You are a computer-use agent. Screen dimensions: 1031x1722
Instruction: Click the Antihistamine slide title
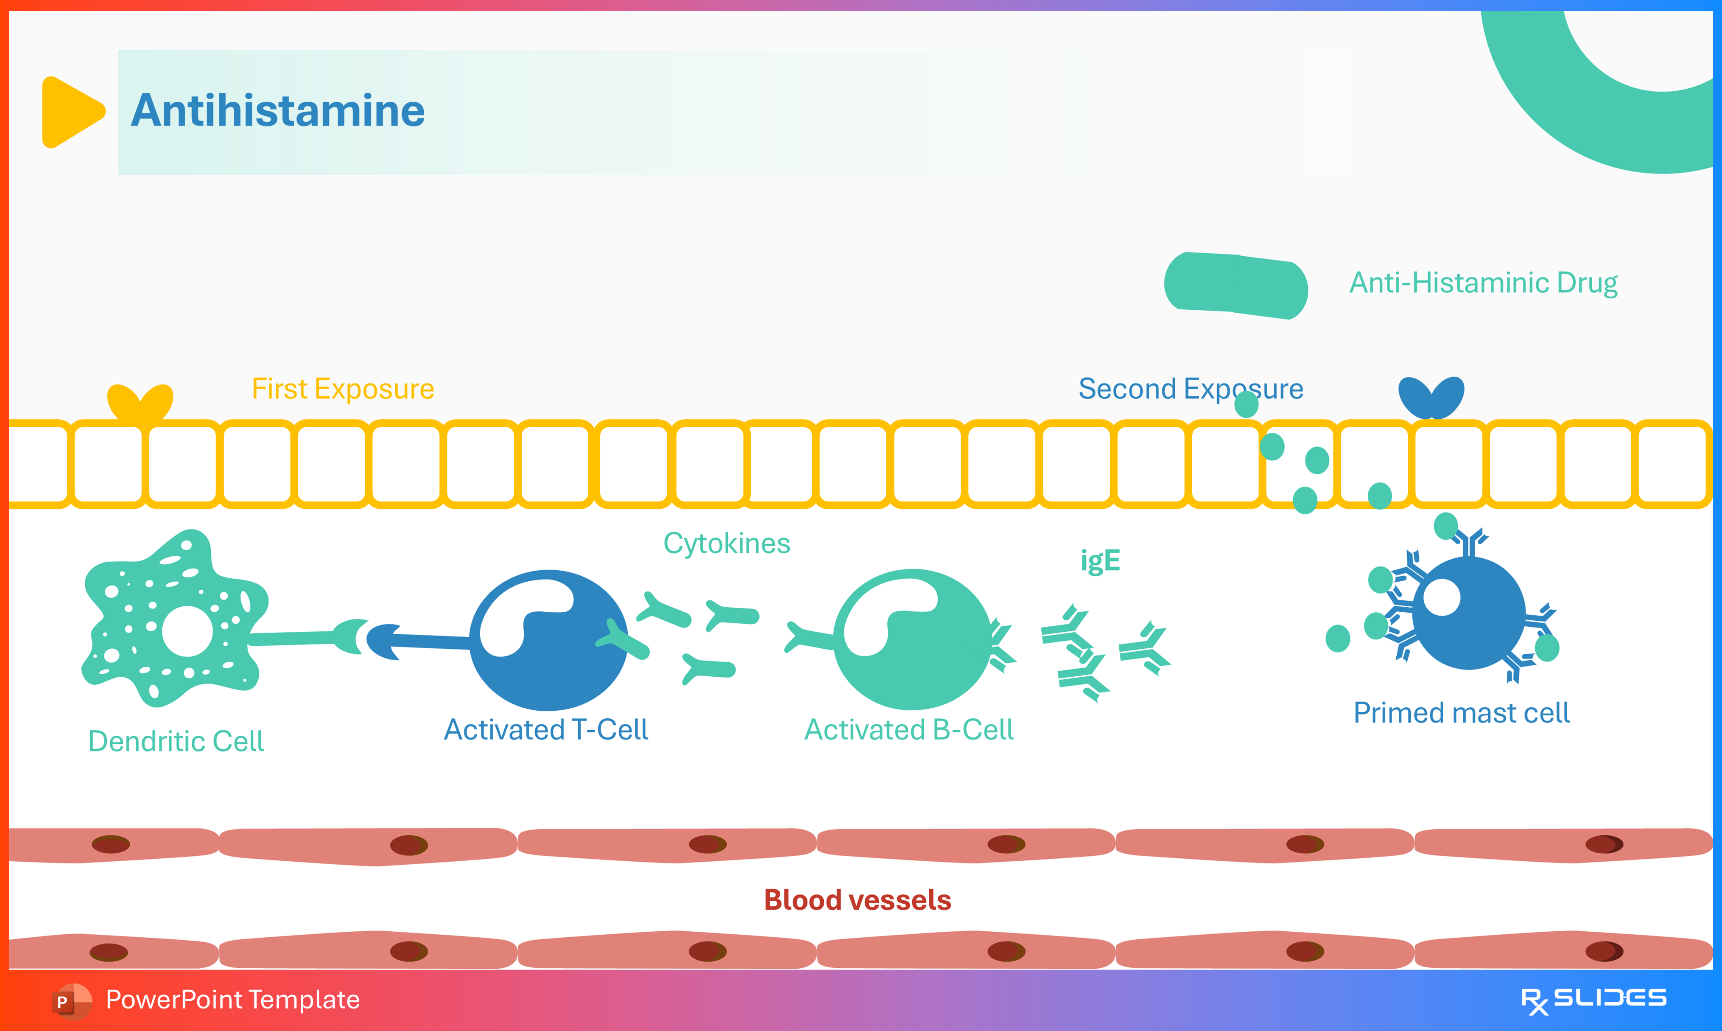point(278,111)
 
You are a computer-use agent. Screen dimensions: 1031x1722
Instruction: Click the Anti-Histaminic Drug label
point(1483,283)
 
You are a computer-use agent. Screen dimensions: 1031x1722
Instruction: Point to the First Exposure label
point(343,389)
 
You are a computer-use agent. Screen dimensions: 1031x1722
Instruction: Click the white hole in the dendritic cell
point(187,631)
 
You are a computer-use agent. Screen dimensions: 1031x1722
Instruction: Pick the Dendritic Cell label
point(176,741)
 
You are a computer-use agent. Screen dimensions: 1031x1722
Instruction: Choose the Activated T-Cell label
point(546,729)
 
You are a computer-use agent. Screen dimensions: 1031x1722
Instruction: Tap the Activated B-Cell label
point(909,729)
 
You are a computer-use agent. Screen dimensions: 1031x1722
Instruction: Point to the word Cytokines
point(726,543)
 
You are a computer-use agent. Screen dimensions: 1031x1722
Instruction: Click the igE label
point(1100,560)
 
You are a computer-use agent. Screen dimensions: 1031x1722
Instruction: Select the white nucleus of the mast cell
point(1442,597)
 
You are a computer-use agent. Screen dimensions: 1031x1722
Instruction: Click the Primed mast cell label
point(1462,713)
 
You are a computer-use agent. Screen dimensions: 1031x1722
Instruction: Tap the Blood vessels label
point(858,900)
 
